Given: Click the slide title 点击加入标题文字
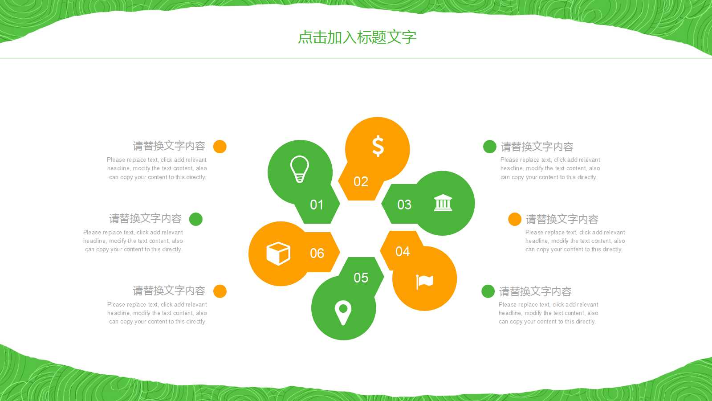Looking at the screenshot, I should pos(357,37).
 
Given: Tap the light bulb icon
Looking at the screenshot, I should pos(300,169).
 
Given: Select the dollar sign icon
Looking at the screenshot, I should pos(378,146).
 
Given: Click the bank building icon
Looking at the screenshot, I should pos(443,203).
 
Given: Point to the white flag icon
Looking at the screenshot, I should pos(424,281).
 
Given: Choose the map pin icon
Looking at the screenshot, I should pos(343,312).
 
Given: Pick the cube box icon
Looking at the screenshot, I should pos(278,254).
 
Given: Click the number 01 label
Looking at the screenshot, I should pos(317,205).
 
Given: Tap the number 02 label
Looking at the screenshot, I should pos(361,182).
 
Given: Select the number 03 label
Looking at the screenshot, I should pos(404,205).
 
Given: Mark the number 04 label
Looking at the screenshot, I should pos(403,252).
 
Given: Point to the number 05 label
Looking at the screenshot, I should pos(361,278).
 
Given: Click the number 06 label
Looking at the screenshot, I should pos(317,254).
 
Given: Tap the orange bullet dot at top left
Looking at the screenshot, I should pos(220,146).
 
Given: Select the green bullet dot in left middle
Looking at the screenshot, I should pos(196,219).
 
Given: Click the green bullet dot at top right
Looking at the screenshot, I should pos(490,147).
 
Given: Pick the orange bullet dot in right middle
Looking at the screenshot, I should pos(515,219).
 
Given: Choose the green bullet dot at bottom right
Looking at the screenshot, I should pos(488,291).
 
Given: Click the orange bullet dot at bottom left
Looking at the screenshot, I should pos(220,291).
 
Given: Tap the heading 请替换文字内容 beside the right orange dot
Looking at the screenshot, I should pos(562,219).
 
